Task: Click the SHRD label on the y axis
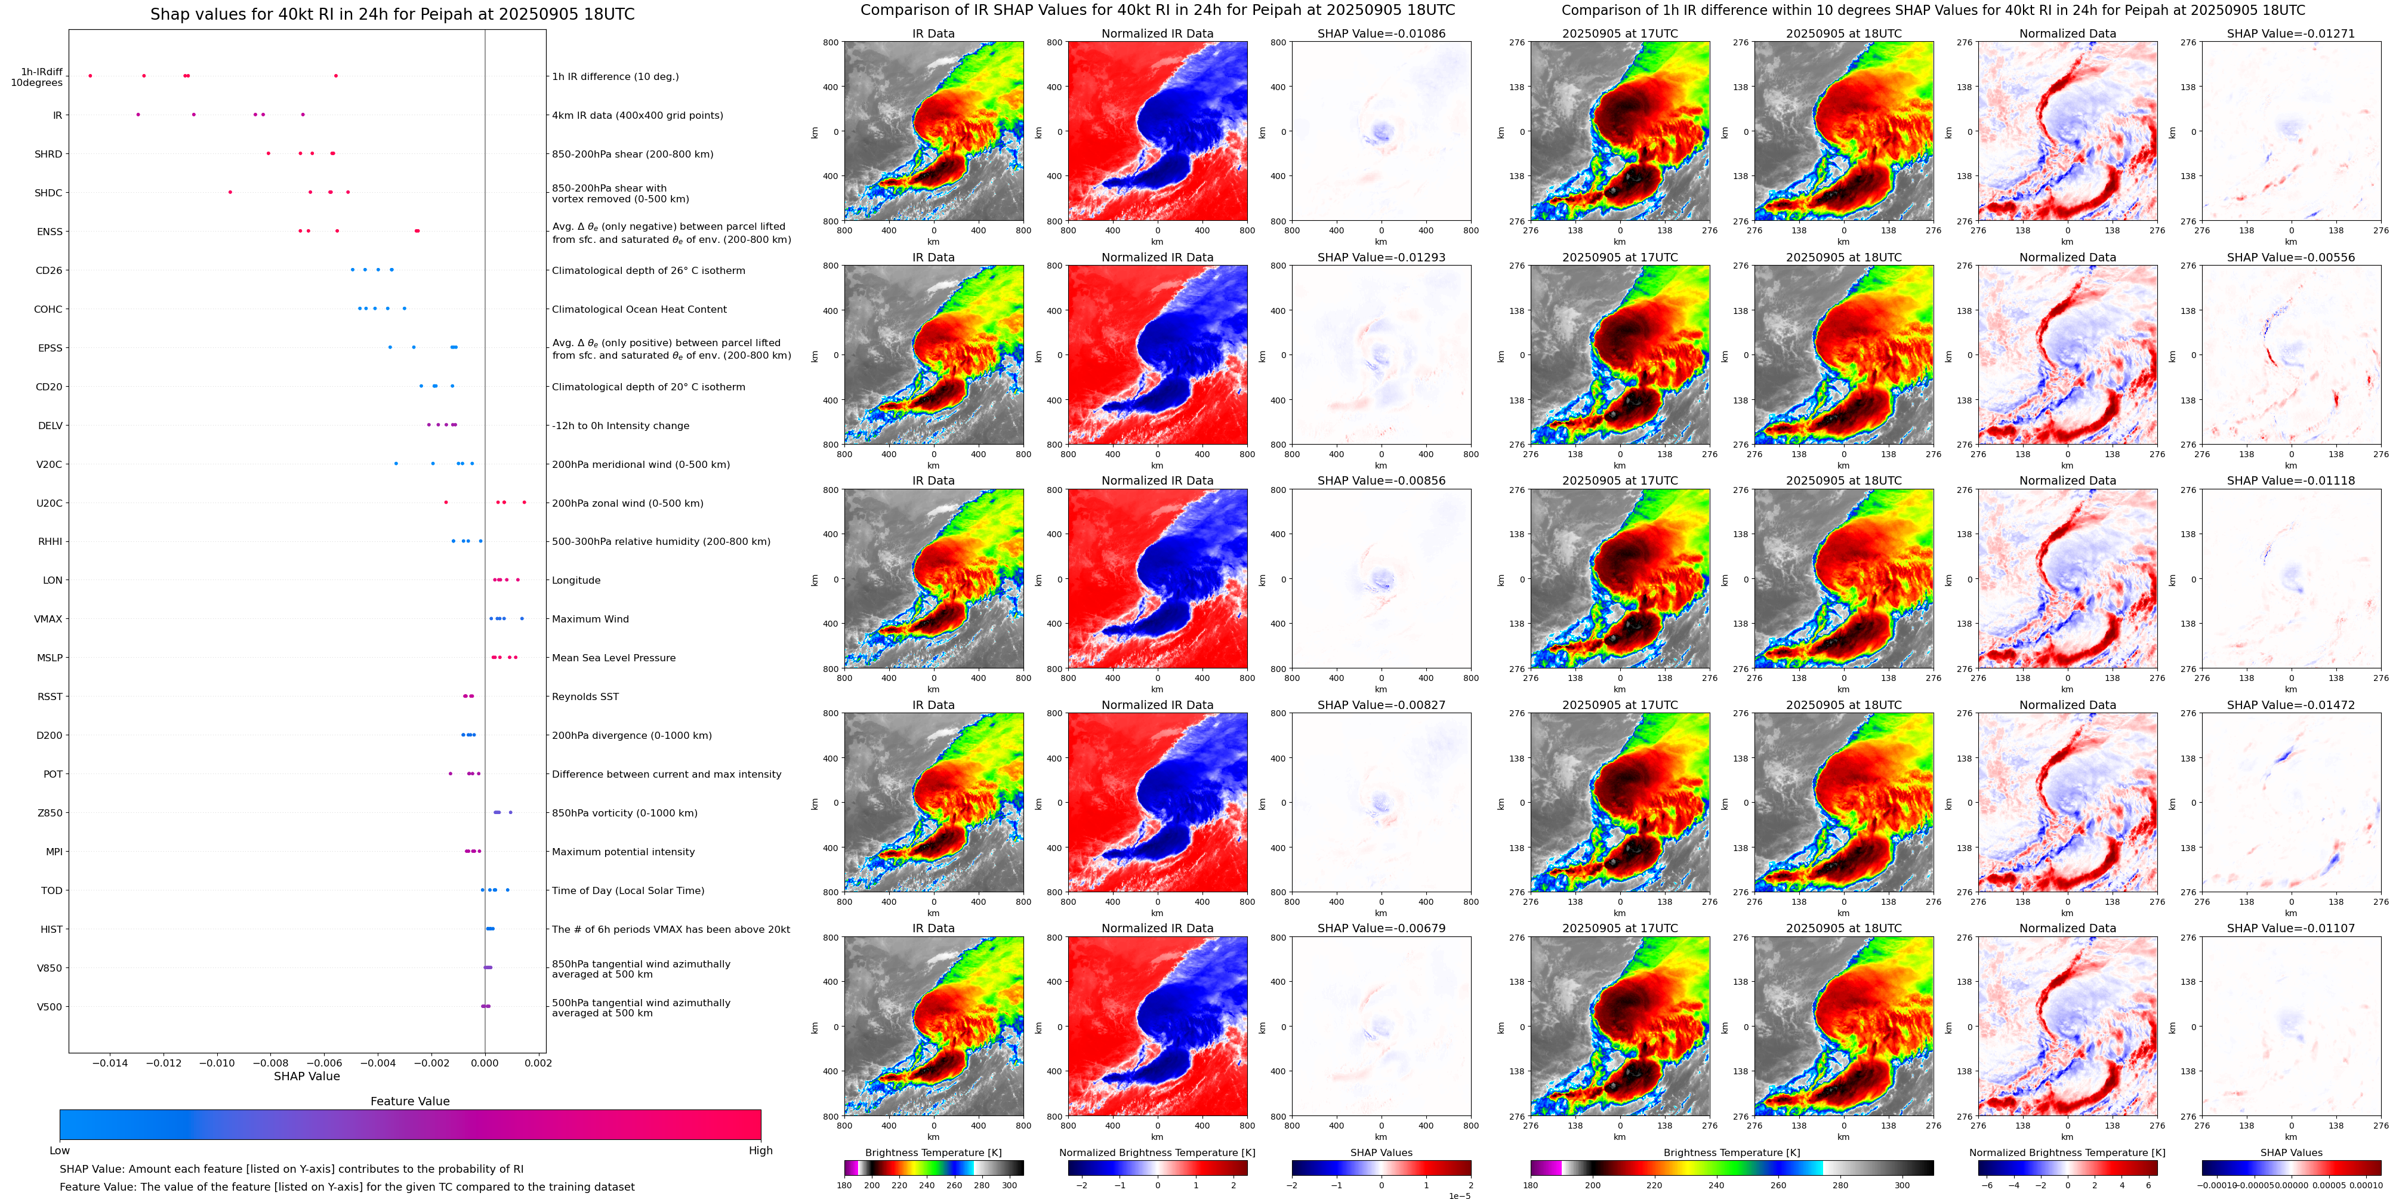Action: [48, 155]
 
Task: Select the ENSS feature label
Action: [50, 232]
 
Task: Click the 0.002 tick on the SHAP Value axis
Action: [538, 1063]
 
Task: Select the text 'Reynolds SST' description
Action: [585, 696]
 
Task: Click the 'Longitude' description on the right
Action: [576, 581]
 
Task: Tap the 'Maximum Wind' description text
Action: [590, 619]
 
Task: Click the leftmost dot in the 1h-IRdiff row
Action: [90, 75]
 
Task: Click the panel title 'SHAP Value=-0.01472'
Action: [2291, 705]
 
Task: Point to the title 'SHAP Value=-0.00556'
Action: [2291, 258]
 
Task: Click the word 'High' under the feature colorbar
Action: [760, 1151]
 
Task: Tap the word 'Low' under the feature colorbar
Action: [60, 1151]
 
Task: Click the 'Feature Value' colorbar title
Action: [410, 1101]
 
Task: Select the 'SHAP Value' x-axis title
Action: [307, 1076]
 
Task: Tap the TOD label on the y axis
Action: [51, 891]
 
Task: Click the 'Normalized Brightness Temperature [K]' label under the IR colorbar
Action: [1157, 1152]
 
